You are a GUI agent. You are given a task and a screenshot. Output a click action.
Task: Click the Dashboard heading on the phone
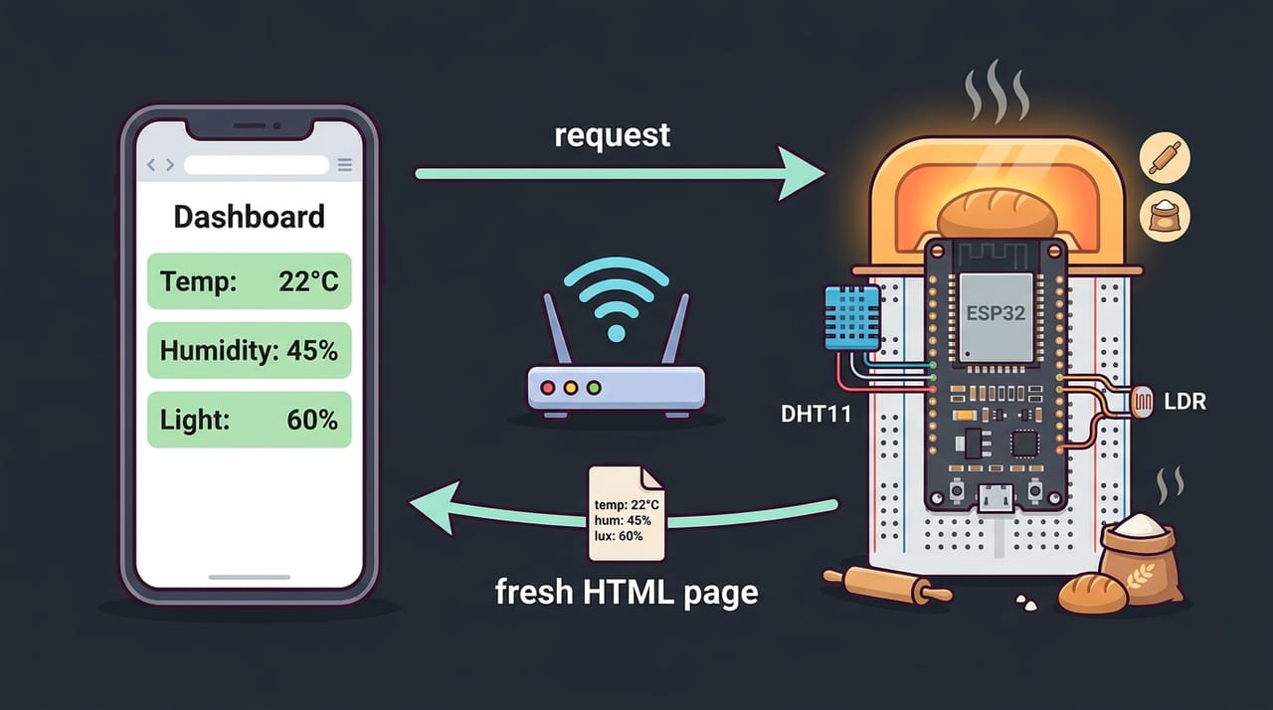coord(249,217)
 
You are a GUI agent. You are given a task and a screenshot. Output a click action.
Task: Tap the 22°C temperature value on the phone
coord(308,281)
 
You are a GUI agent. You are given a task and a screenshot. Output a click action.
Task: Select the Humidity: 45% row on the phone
coord(250,350)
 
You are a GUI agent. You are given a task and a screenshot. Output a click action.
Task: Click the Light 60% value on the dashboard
coord(312,420)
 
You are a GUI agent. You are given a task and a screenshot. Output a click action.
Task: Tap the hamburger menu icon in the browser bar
coord(345,165)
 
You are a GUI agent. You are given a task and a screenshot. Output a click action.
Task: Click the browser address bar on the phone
coord(257,165)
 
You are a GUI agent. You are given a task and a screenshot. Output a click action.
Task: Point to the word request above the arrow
coord(612,135)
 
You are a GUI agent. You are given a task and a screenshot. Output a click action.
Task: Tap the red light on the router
coord(548,388)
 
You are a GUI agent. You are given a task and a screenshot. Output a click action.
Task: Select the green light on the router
coord(594,388)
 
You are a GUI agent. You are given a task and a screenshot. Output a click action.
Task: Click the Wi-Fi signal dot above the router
coord(617,333)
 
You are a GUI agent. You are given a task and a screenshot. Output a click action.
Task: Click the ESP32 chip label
coord(996,313)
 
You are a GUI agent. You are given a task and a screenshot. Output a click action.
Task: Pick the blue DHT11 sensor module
coord(852,317)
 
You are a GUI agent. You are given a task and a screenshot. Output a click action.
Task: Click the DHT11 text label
coord(817,414)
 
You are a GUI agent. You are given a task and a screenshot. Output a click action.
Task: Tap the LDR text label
coord(1184,402)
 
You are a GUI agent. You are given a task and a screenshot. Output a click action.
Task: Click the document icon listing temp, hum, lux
coord(627,513)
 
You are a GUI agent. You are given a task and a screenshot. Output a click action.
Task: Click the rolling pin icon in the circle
coord(1165,157)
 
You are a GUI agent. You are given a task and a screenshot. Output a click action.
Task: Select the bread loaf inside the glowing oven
coord(998,214)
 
